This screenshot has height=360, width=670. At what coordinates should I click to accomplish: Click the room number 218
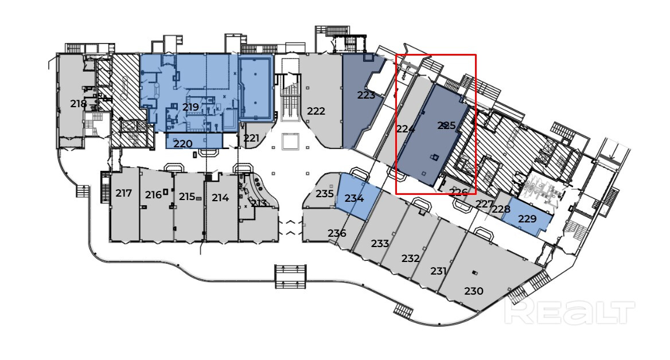coord(79,103)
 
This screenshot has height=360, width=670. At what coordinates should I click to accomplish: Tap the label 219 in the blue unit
coord(190,107)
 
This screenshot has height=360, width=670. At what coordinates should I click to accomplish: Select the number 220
coord(183,144)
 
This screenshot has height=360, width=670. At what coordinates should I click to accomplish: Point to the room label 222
coord(316,111)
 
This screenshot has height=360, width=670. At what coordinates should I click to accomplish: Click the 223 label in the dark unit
coord(366,95)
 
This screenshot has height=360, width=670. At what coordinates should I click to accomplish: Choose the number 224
coord(406,128)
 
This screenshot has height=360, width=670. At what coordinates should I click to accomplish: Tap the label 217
coord(123,193)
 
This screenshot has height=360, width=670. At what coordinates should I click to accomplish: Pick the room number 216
coord(153,195)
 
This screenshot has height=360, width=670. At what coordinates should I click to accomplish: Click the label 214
coord(220,198)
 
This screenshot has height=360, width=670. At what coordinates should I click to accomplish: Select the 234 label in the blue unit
coord(355,198)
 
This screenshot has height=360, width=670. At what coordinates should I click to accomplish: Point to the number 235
coord(325,193)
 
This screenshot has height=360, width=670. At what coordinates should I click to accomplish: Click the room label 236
coord(337,233)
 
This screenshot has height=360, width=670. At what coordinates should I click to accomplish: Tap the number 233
coord(380,244)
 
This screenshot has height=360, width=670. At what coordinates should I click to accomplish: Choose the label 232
coord(411,259)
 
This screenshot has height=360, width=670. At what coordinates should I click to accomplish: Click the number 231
coord(438,271)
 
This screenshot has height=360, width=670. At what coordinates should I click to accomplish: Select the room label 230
coord(474,291)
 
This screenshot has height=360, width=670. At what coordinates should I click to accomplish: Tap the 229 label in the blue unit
coord(527,218)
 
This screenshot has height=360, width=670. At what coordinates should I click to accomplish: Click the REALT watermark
coord(570,312)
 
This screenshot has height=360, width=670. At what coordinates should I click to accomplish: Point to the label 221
coord(251,138)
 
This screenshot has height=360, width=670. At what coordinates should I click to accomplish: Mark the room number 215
coord(187,197)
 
